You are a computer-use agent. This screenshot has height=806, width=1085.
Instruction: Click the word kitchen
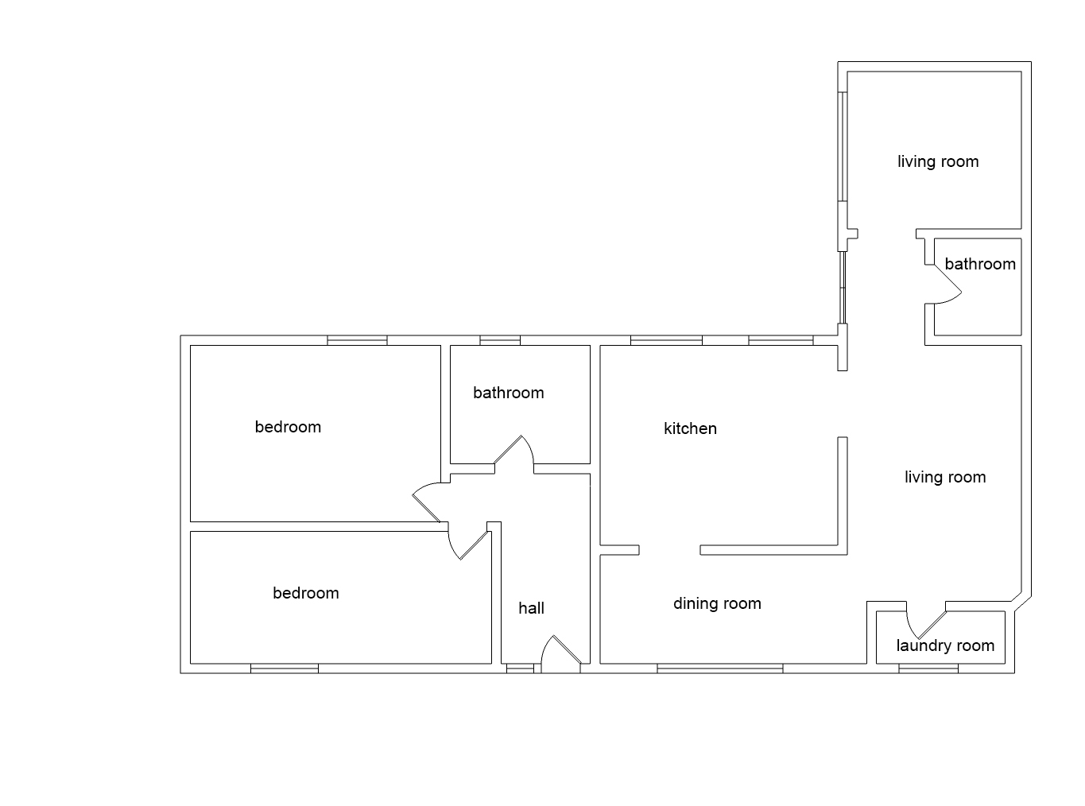pos(690,428)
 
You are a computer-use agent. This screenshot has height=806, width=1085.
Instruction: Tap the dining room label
pos(717,603)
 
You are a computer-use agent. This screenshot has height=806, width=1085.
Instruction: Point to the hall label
pos(531,608)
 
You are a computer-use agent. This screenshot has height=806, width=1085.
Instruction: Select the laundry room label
pos(945,645)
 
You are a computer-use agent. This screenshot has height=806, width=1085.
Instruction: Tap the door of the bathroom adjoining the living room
pos(946,282)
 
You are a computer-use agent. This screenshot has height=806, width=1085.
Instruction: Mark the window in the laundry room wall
pos(928,668)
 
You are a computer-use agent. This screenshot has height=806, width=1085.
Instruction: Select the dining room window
pos(719,668)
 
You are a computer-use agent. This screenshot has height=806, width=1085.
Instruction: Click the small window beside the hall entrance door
pos(520,668)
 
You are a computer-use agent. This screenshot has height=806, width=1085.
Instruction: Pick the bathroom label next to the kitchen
pos(508,393)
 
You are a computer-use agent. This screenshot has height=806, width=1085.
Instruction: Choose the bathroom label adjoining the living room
pos(980,264)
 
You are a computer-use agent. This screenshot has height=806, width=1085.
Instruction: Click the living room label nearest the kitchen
pos(945,477)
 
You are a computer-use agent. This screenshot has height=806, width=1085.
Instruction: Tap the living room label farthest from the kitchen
pos(938,161)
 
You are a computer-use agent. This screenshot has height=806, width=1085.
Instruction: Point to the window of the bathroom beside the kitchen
pos(500,341)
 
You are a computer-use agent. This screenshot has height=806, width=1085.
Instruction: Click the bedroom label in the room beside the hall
pos(305,593)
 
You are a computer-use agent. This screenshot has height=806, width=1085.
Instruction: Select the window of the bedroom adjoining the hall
pos(285,668)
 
